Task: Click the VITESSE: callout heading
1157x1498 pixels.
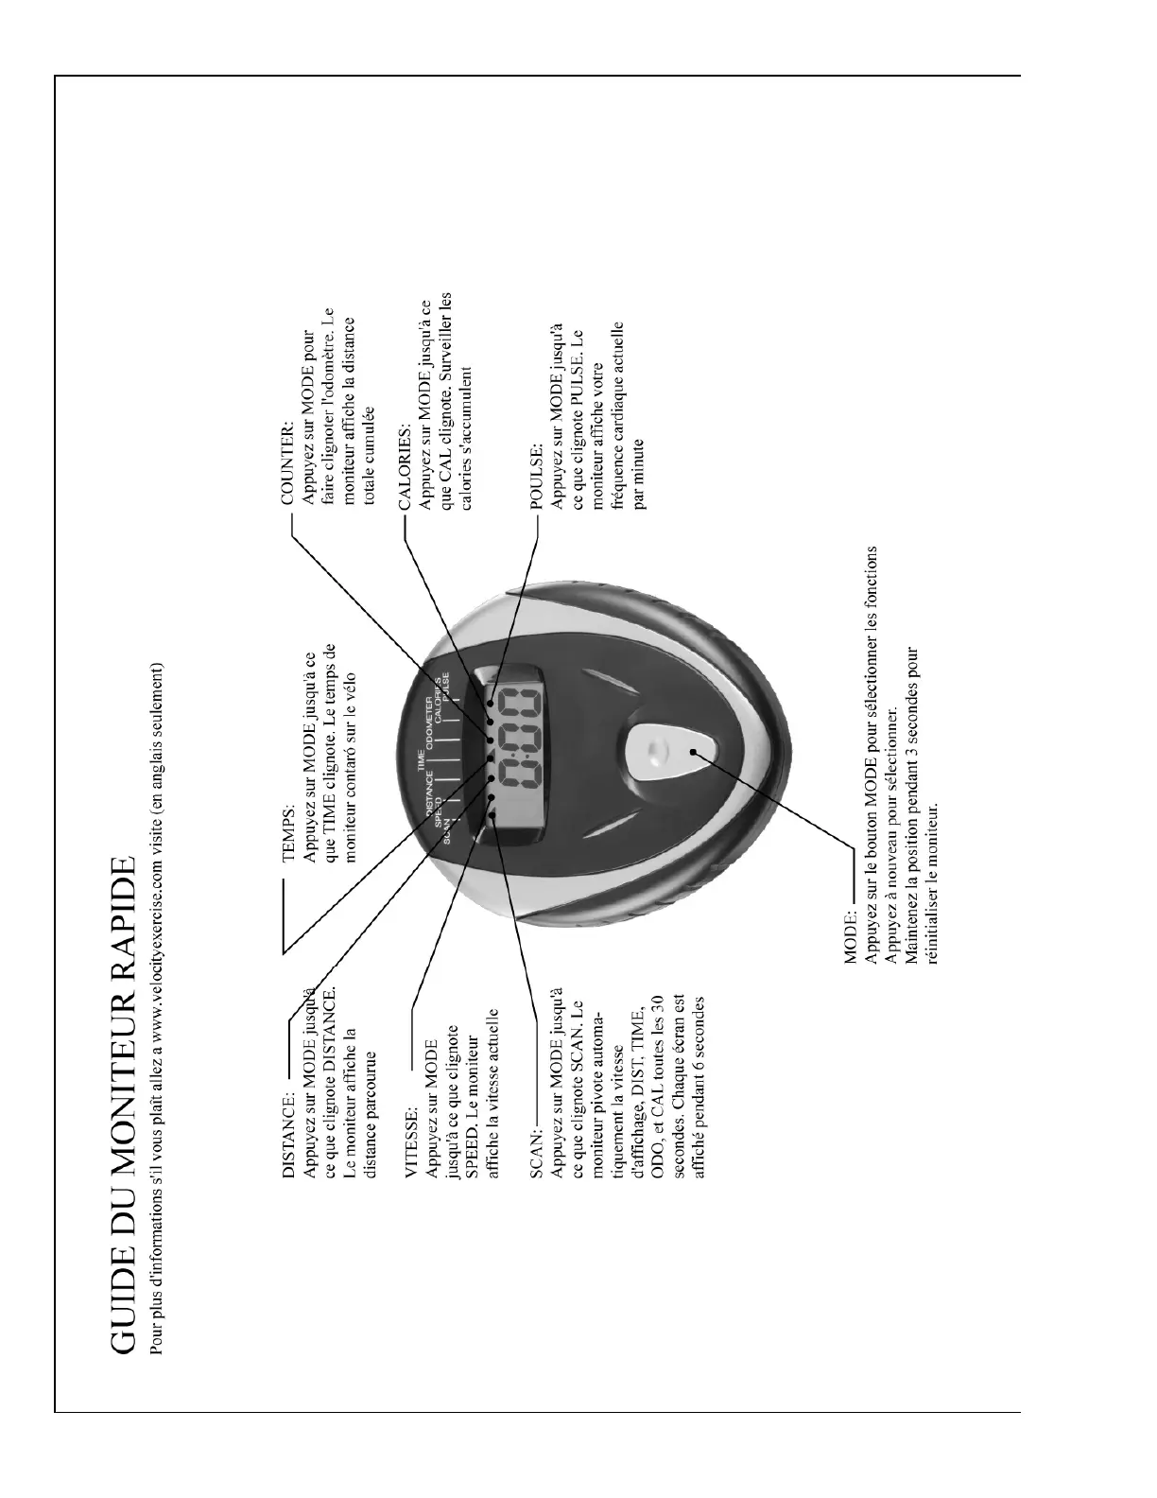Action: coord(413,1145)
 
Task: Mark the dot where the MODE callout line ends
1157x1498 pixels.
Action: coord(695,752)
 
